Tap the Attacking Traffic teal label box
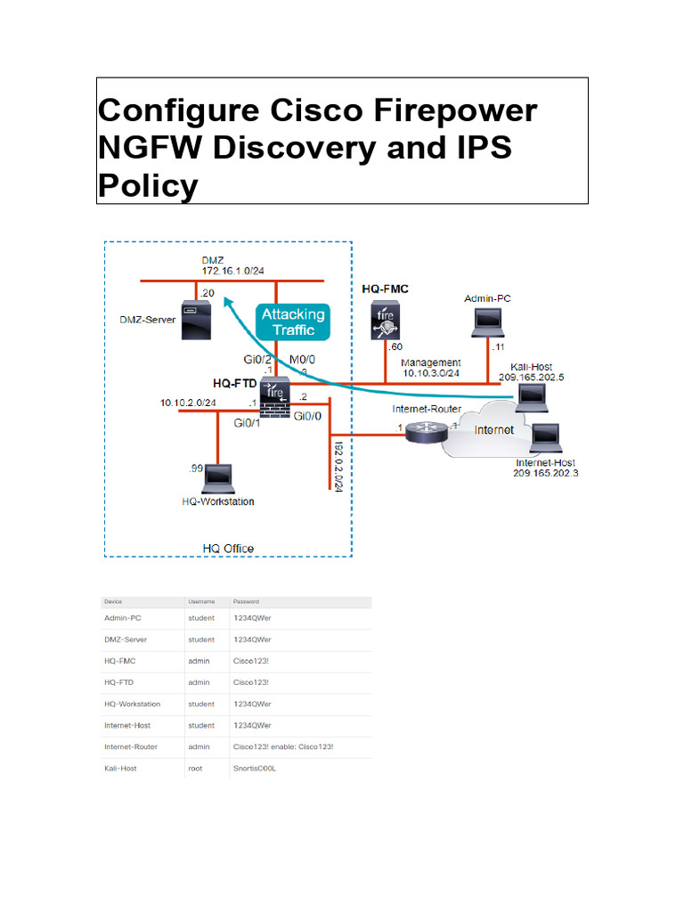293,322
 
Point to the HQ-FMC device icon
384,322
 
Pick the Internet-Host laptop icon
545,439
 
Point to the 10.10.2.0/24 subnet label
188,403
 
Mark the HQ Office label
228,548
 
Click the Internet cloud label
493,430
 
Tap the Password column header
245,601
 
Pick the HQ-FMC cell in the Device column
120,661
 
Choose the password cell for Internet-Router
282,746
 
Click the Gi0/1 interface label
247,423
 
